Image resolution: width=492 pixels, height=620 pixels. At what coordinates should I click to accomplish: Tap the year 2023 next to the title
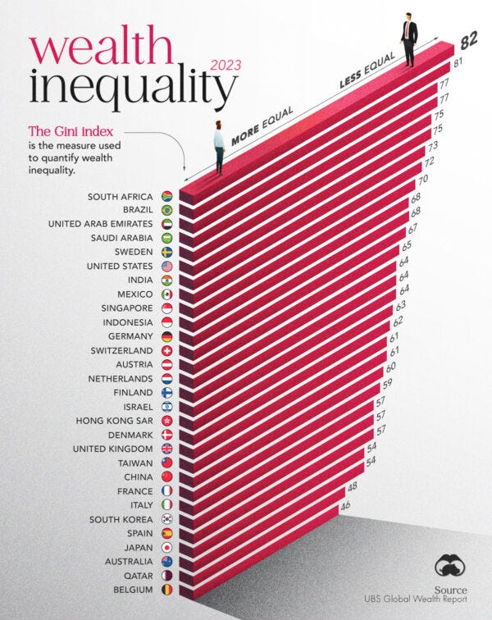225,66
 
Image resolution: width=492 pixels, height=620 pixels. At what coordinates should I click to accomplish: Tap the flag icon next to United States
167,267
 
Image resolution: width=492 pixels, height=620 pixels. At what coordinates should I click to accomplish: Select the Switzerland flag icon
167,351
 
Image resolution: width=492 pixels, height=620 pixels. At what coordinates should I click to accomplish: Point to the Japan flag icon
167,547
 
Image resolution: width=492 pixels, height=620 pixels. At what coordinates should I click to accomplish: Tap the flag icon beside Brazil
167,210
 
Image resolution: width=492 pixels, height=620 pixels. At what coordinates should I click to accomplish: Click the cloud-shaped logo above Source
451,567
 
